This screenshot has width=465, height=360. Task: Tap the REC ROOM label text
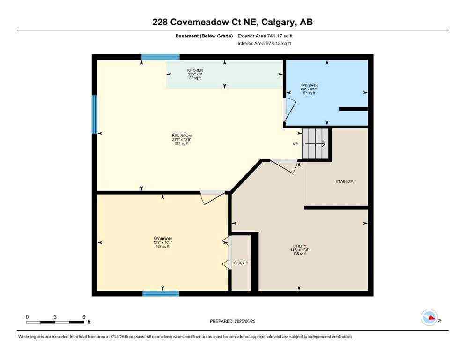tap(182, 136)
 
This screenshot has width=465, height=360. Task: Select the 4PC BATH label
tap(309, 86)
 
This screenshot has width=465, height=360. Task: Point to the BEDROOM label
tap(162, 239)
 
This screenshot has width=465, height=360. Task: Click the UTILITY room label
tap(300, 246)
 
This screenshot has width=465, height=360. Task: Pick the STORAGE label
tap(344, 182)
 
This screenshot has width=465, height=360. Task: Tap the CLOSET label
tap(241, 263)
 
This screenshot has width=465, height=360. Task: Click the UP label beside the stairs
tap(295, 143)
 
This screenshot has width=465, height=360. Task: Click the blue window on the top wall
tap(160, 57)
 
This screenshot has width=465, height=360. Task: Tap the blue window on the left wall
tap(94, 114)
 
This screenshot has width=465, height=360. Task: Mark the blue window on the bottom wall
tap(161, 294)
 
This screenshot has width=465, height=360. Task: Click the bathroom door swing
tap(290, 108)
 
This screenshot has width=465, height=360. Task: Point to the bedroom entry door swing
tap(212, 197)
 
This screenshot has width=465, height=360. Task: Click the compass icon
tap(429, 317)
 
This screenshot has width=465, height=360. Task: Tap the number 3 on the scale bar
tap(55, 317)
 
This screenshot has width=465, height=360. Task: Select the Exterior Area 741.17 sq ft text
tap(267, 36)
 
